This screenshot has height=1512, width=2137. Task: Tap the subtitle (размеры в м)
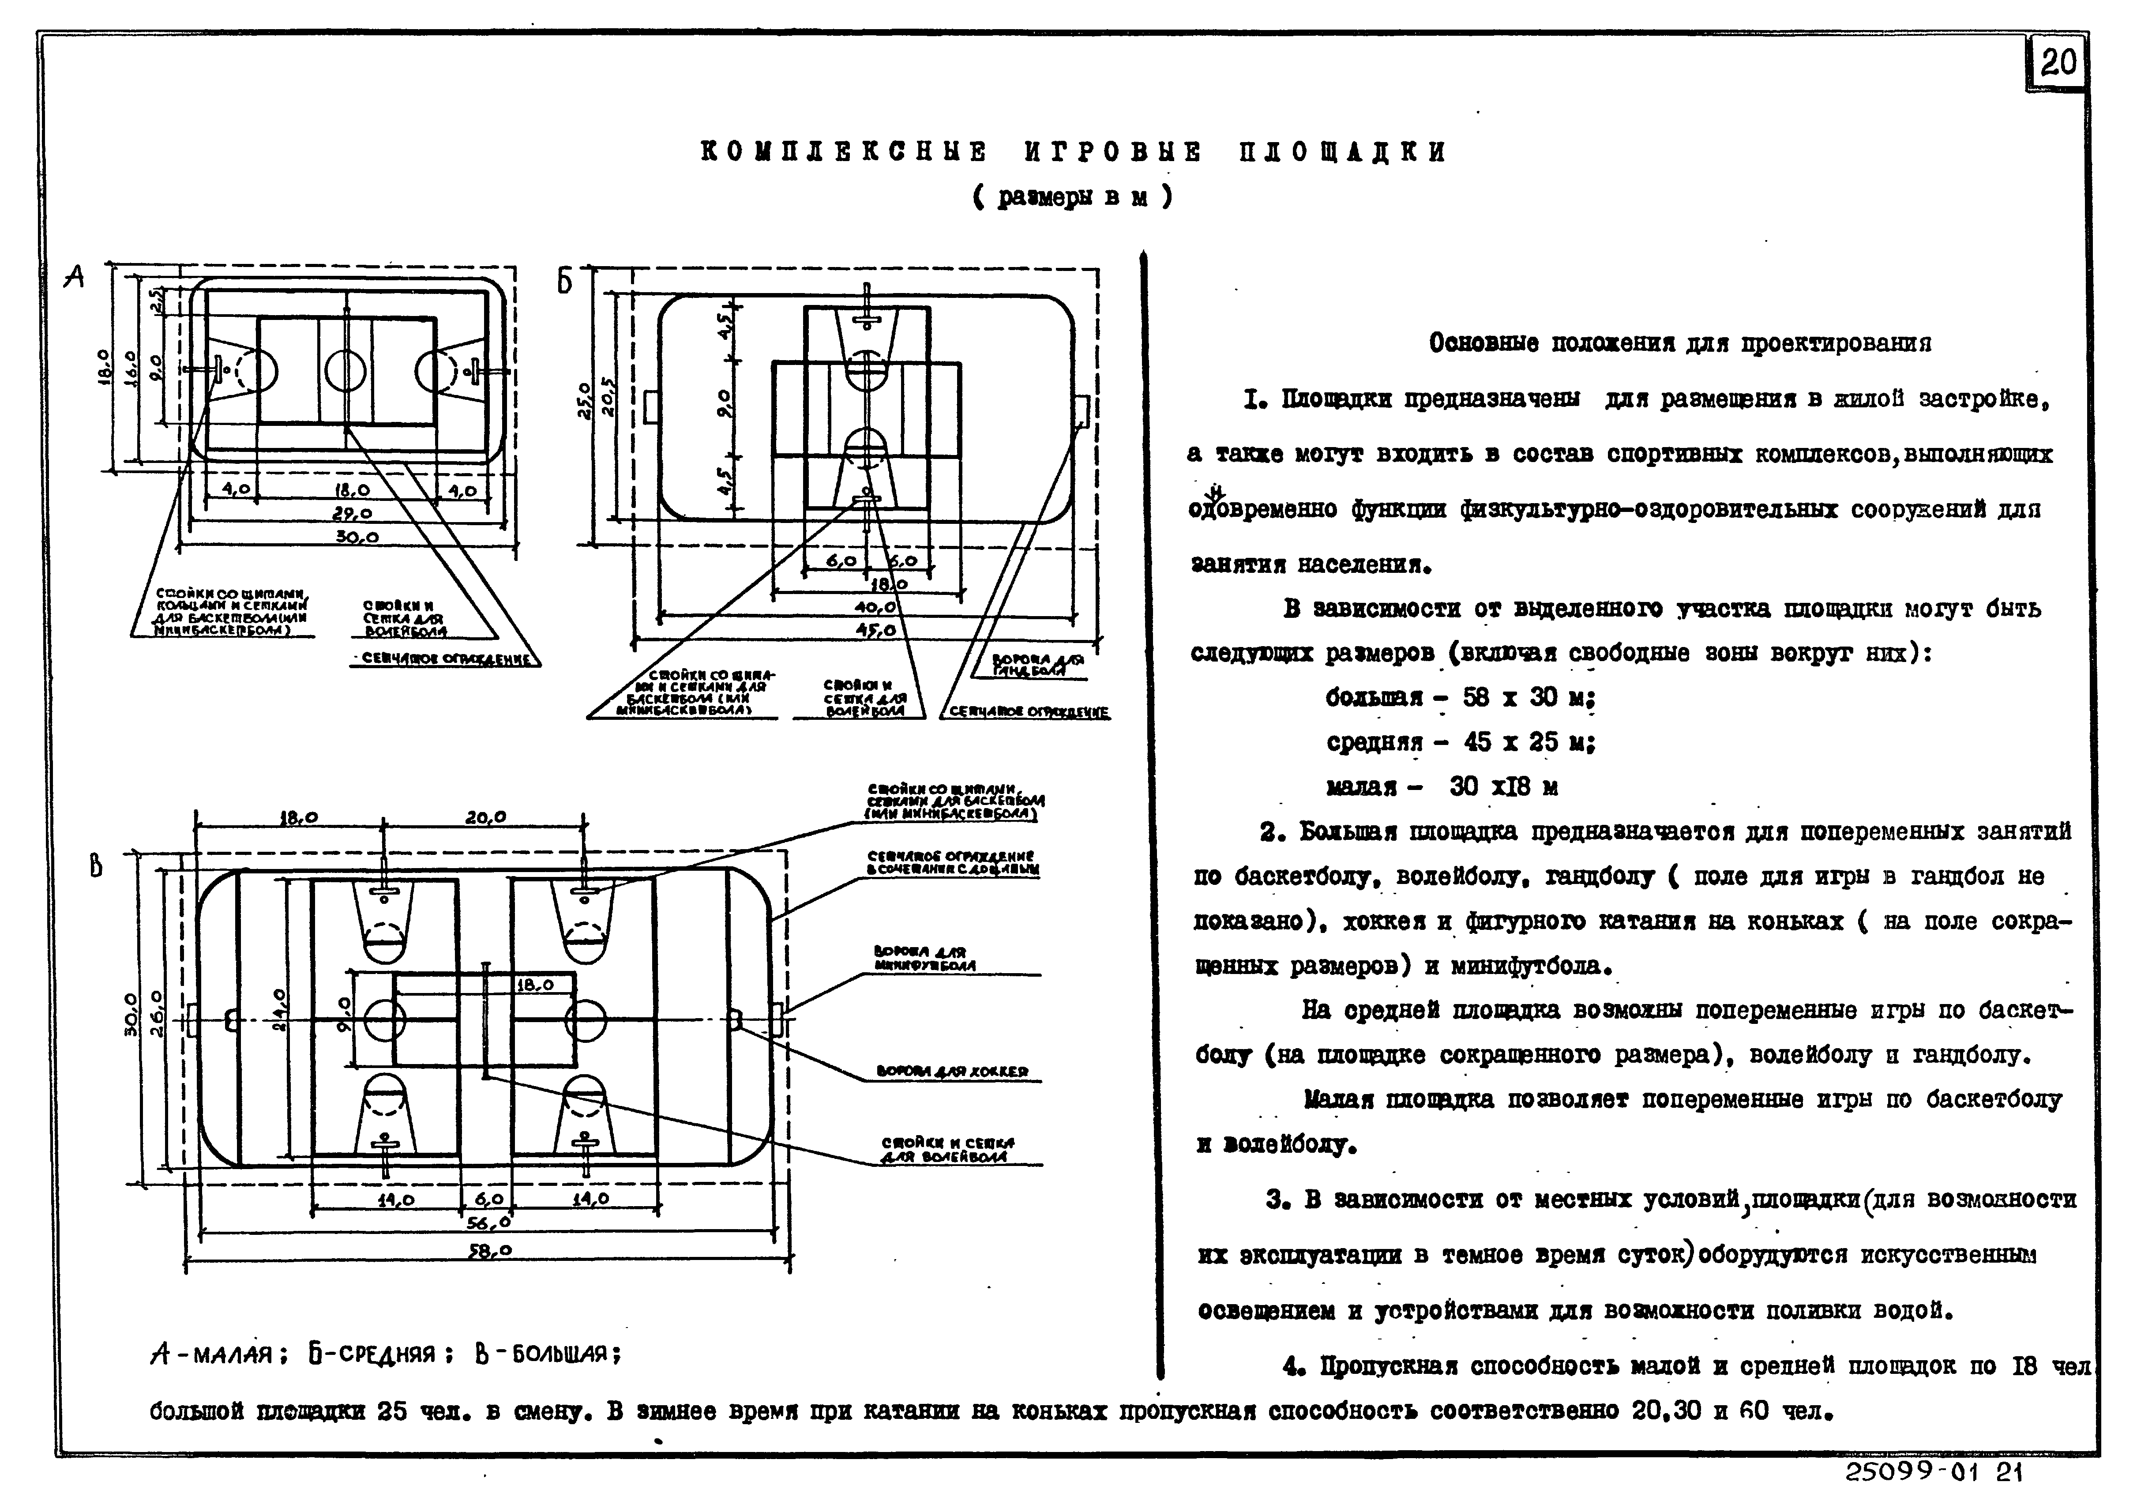click(1072, 197)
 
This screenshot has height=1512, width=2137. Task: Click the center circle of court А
click(346, 371)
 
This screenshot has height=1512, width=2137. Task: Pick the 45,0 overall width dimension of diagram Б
click(875, 630)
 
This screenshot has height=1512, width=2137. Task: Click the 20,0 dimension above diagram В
click(486, 816)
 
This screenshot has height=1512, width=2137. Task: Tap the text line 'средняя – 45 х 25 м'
click(1459, 742)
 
